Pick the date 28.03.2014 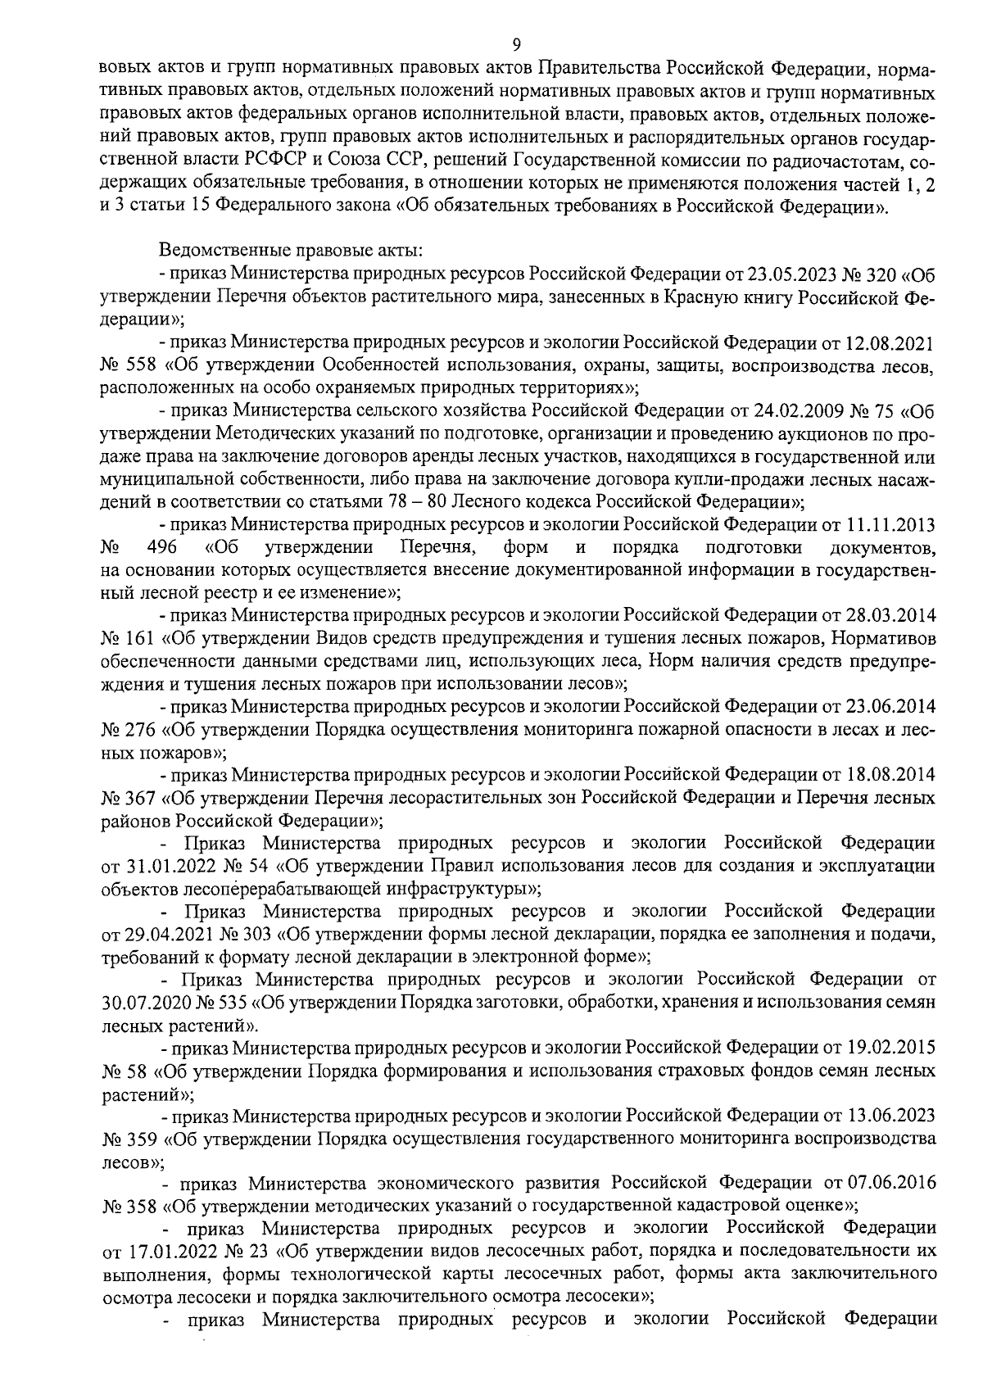tap(890, 614)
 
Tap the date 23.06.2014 tap(890, 705)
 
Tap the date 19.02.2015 tap(890, 1047)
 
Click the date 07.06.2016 tap(890, 1183)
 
